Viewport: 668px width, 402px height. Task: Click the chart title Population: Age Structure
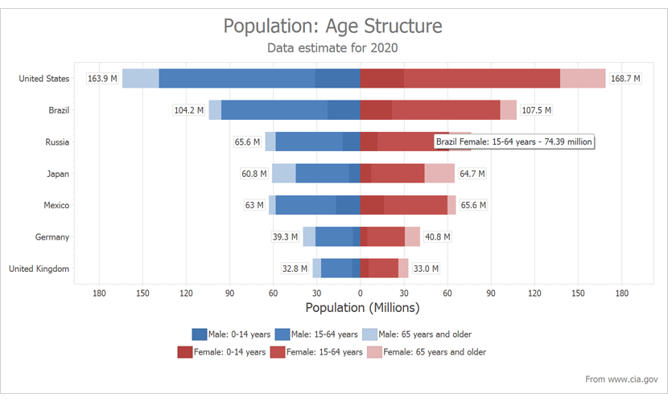(332, 26)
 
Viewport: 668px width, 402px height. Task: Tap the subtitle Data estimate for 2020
(332, 48)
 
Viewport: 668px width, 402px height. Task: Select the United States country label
(44, 79)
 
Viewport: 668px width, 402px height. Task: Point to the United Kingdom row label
(39, 269)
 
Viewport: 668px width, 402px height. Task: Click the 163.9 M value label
(102, 79)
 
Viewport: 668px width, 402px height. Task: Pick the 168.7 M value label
(625, 79)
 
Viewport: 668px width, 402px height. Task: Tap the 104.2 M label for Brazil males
(189, 110)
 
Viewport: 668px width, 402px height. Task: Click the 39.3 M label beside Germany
(285, 237)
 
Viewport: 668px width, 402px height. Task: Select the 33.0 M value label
(425, 269)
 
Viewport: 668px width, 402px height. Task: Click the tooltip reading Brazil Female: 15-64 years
(514, 142)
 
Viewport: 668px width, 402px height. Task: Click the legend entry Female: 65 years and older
(427, 352)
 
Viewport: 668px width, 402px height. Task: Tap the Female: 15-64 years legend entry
(316, 352)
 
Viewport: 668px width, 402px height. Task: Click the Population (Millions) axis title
(362, 308)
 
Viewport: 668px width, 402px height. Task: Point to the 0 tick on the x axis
(360, 293)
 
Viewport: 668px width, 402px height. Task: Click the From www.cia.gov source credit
(621, 379)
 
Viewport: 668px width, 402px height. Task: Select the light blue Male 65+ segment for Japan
(283, 174)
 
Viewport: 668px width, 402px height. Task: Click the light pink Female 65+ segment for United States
(583, 79)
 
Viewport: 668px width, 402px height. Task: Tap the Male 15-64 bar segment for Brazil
(274, 110)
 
